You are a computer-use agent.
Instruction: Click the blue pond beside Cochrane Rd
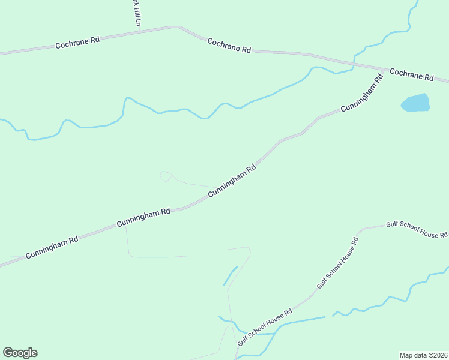pyautogui.click(x=415, y=103)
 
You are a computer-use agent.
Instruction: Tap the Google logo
pyautogui.click(x=20, y=353)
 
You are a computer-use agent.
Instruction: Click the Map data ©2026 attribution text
pyautogui.click(x=423, y=355)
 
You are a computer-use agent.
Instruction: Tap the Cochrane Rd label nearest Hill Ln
pyautogui.click(x=77, y=43)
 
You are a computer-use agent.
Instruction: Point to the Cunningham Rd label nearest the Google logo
pyautogui.click(x=52, y=247)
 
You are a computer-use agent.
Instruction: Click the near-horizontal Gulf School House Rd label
pyautogui.click(x=417, y=228)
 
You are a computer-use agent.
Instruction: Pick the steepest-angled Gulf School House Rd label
pyautogui.click(x=338, y=263)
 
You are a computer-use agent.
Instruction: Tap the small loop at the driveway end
pyautogui.click(x=165, y=176)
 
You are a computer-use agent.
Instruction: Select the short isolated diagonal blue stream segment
pyautogui.click(x=231, y=275)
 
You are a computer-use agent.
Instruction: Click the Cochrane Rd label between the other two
pyautogui.click(x=229, y=46)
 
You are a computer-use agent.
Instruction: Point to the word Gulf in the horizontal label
pyautogui.click(x=393, y=224)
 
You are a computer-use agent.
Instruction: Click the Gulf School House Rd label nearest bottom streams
pyautogui.click(x=264, y=327)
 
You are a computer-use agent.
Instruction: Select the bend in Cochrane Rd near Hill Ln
pyautogui.click(x=178, y=27)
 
